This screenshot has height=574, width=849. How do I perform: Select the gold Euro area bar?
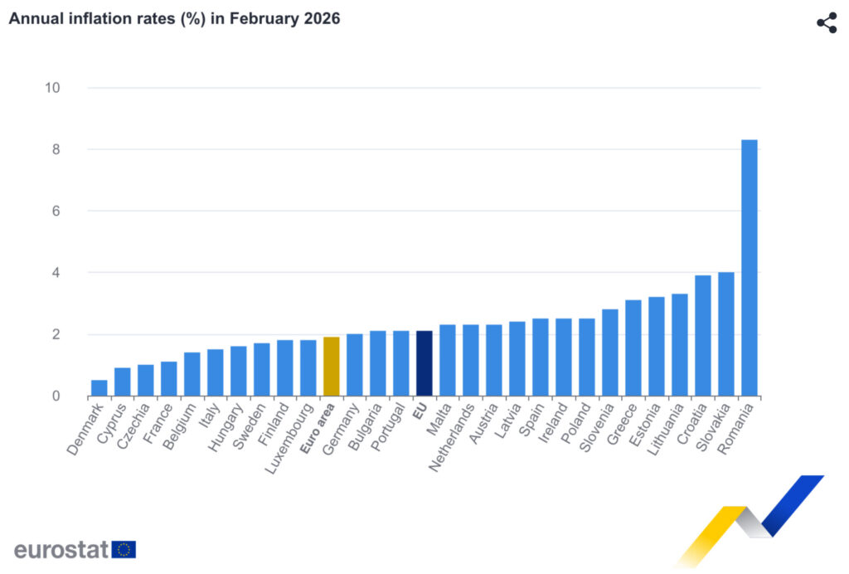(x=331, y=367)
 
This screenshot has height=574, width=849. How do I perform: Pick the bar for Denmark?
(x=99, y=388)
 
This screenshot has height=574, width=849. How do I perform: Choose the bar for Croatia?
(x=702, y=336)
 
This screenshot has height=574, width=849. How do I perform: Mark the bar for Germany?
(x=354, y=365)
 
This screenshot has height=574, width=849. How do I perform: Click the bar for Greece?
(x=633, y=348)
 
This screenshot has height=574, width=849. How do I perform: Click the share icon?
(x=827, y=22)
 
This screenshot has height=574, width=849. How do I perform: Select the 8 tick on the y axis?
(x=55, y=149)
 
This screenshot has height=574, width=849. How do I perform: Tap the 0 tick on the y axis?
(x=55, y=396)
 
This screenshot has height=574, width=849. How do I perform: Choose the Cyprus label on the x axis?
(x=112, y=421)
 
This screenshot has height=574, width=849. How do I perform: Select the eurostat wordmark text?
(x=61, y=549)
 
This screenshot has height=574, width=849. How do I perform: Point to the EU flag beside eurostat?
(x=124, y=549)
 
